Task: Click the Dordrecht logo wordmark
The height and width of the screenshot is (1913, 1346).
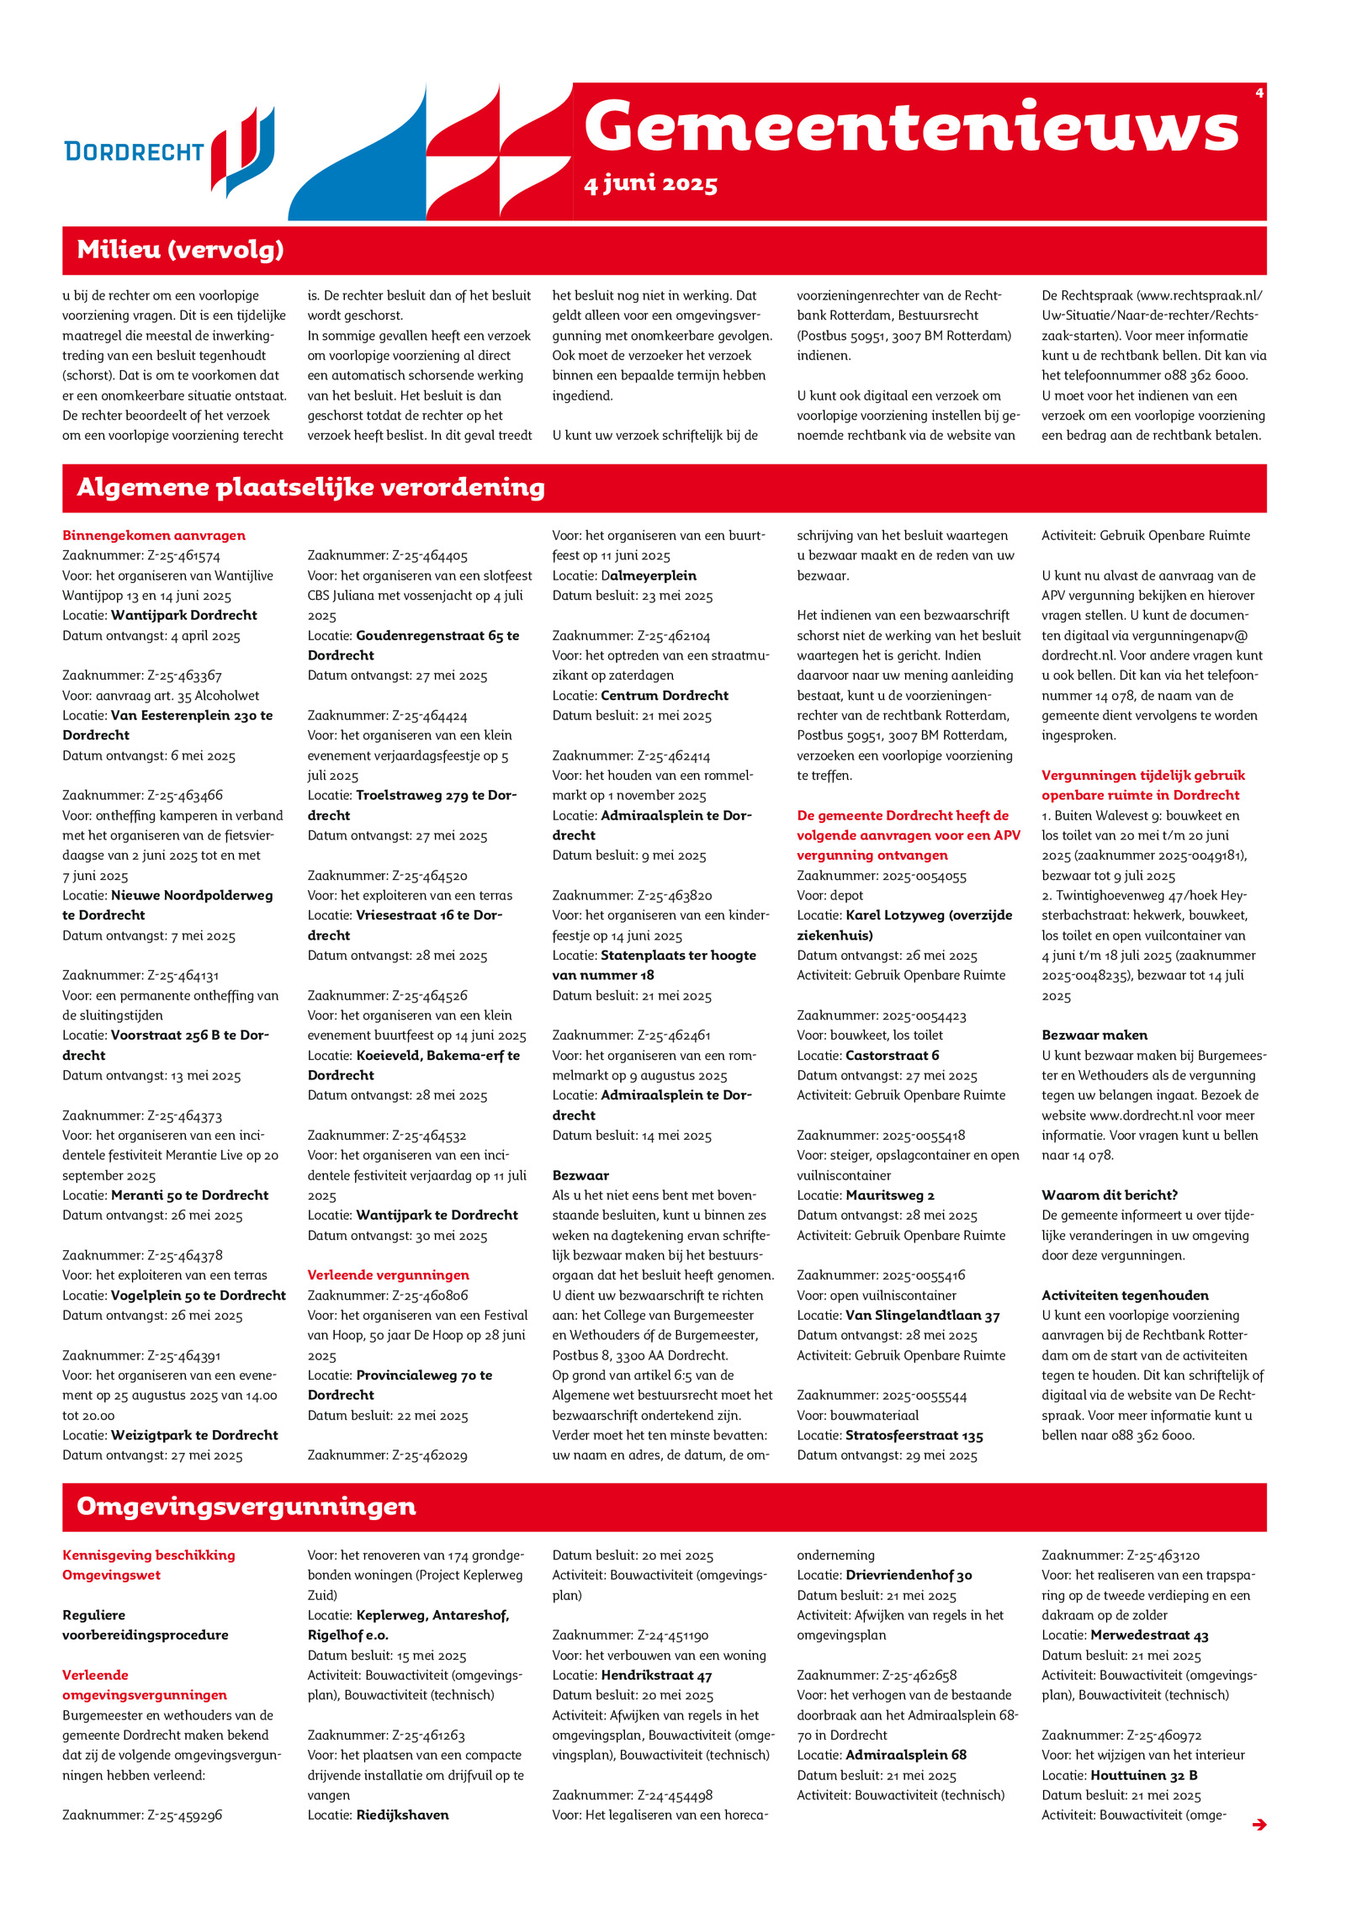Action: click(x=135, y=151)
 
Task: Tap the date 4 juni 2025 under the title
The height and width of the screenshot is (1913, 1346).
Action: click(x=650, y=184)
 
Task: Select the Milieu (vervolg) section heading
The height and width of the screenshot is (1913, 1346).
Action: click(x=180, y=250)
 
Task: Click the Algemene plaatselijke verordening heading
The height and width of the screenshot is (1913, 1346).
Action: click(x=310, y=488)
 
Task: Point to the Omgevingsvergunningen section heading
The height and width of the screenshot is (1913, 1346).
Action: click(x=246, y=1507)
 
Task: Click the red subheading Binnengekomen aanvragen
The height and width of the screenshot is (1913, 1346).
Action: click(x=154, y=535)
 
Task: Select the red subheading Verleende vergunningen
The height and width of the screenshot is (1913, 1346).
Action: click(x=388, y=1275)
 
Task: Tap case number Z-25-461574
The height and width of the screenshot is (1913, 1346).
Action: click(x=183, y=555)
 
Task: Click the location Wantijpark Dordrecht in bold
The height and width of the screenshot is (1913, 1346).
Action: click(x=184, y=615)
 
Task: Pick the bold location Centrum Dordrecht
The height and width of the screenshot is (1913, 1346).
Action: click(x=665, y=696)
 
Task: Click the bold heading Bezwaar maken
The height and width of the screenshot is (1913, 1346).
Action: click(x=1094, y=1036)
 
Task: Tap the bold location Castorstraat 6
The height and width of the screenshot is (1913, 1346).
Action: click(x=892, y=1056)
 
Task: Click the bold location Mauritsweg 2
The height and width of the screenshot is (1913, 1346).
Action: click(x=890, y=1195)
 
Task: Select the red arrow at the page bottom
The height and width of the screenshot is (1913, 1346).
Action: click(x=1259, y=1825)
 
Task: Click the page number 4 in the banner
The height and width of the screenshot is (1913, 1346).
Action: click(x=1259, y=93)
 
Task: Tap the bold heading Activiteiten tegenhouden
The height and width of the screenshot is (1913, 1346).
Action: click(x=1125, y=1296)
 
